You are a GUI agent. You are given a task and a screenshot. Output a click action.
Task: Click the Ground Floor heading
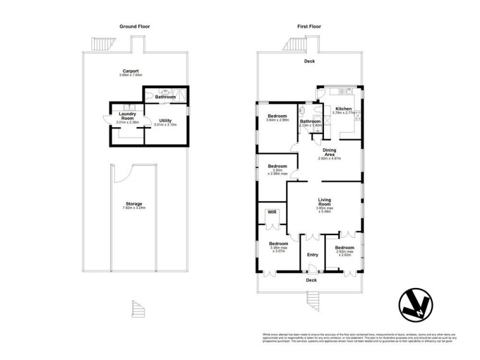click(x=134, y=26)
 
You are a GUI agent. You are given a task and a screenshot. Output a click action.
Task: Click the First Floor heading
click(x=310, y=26)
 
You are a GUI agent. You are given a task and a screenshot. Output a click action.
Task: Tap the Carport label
click(x=131, y=71)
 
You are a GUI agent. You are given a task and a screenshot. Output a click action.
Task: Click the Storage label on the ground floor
click(x=134, y=203)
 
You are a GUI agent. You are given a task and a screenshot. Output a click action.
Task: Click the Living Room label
click(x=325, y=202)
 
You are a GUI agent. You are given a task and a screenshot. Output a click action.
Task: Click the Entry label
click(x=313, y=255)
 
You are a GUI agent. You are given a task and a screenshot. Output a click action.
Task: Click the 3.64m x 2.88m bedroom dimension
click(x=278, y=120)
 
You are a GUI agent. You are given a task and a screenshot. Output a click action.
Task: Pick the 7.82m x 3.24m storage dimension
click(x=134, y=208)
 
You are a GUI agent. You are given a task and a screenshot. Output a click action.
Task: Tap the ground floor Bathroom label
click(x=165, y=97)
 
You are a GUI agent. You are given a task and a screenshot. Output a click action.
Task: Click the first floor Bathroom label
click(x=310, y=122)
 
